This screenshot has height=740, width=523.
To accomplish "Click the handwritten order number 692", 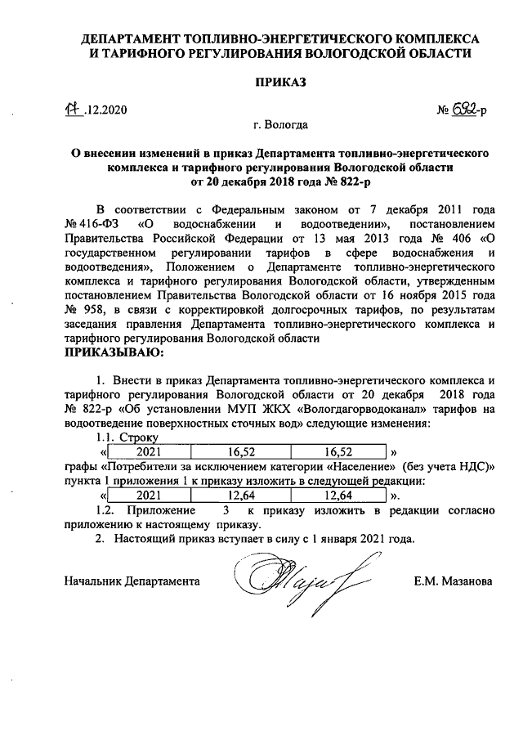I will [x=464, y=110].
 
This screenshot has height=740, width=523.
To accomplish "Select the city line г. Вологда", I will [x=280, y=125].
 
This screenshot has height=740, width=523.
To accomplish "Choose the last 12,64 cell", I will [x=338, y=496].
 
